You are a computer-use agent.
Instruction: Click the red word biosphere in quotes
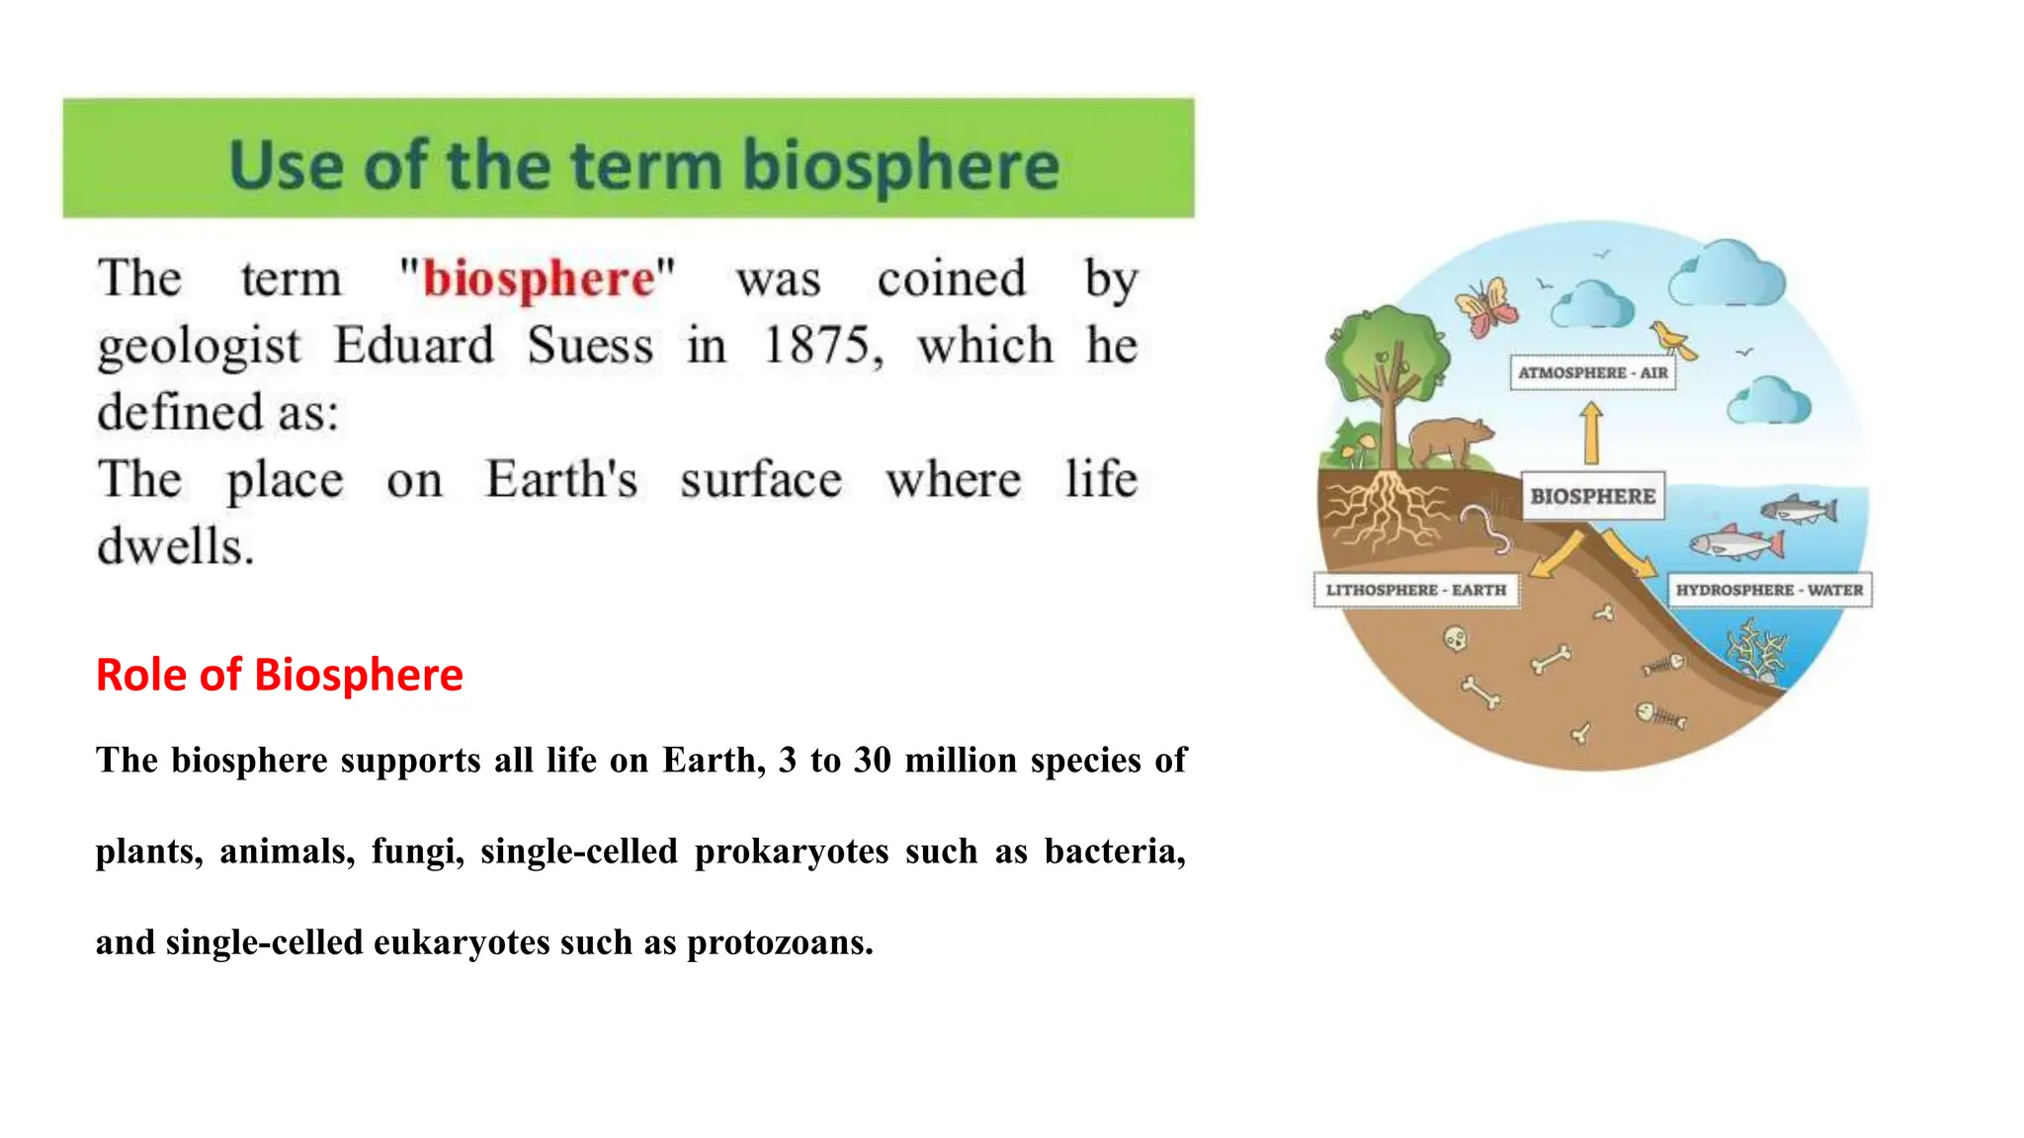(x=539, y=280)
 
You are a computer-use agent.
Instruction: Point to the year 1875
(x=819, y=347)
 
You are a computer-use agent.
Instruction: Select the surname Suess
(x=590, y=347)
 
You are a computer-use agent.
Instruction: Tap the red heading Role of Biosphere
(x=280, y=676)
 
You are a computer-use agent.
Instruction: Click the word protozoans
(x=780, y=942)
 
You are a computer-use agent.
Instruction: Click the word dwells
(x=175, y=546)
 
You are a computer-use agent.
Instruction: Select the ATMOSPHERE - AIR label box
(x=1592, y=372)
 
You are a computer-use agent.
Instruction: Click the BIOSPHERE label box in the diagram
(x=1592, y=496)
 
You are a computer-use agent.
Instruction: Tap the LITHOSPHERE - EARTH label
(x=1415, y=590)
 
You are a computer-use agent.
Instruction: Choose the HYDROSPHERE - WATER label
(x=1769, y=590)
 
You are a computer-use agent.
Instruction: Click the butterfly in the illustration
(x=1485, y=305)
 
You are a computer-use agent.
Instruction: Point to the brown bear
(x=1449, y=441)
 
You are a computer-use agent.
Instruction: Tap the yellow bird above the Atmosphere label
(x=1672, y=339)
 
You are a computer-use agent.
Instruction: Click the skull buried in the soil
(x=1456, y=640)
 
